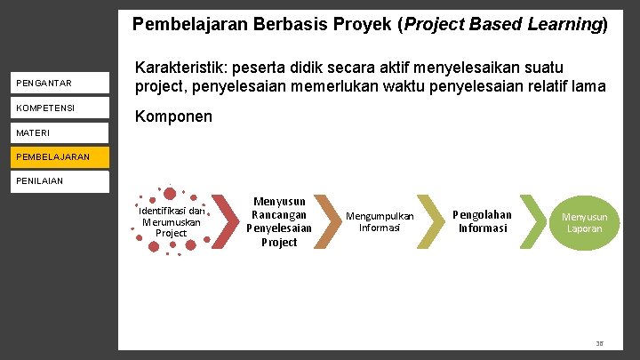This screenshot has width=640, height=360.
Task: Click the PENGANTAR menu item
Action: (44, 84)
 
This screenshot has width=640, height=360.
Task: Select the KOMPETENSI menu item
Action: (45, 108)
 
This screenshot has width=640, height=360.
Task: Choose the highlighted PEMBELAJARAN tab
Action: (52, 157)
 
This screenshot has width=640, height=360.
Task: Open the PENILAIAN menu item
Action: (41, 181)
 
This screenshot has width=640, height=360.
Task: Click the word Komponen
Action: (172, 116)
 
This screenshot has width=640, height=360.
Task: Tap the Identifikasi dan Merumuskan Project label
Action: (171, 221)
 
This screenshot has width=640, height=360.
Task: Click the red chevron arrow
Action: (228, 221)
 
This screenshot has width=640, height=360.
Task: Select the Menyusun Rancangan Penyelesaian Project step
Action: (279, 222)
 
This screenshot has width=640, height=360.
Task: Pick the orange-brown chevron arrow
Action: (328, 221)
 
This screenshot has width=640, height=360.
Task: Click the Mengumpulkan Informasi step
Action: (380, 221)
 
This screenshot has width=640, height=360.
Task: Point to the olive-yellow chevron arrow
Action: (431, 221)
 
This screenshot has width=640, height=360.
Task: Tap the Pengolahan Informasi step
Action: (483, 221)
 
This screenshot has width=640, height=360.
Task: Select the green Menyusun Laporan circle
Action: (584, 222)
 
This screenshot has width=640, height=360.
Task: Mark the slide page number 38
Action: (599, 343)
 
